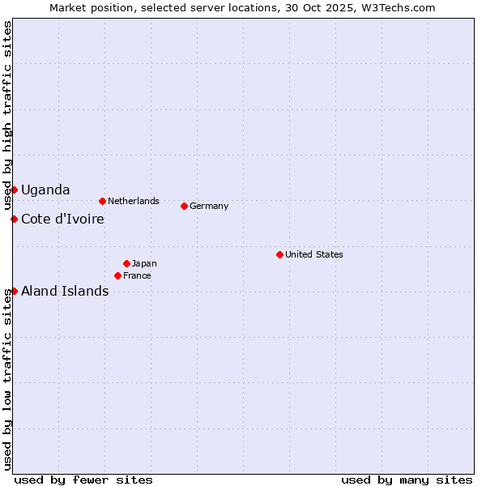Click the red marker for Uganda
click(x=14, y=190)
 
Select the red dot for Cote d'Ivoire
click(x=14, y=219)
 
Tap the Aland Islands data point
click(x=14, y=291)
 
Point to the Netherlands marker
click(x=102, y=201)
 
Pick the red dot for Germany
click(x=184, y=206)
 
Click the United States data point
click(x=279, y=254)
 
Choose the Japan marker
click(x=126, y=263)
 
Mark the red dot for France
click(x=117, y=275)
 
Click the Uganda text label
click(x=45, y=190)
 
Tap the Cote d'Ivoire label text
click(x=62, y=219)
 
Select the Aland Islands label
click(x=65, y=291)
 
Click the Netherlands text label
click(x=134, y=201)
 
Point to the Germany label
click(x=209, y=206)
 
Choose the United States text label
click(x=314, y=254)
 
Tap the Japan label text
click(x=144, y=263)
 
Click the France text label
click(x=137, y=275)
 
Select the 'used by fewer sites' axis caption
click(x=83, y=480)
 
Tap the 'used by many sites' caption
click(x=407, y=480)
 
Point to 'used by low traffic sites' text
click(x=7, y=379)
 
